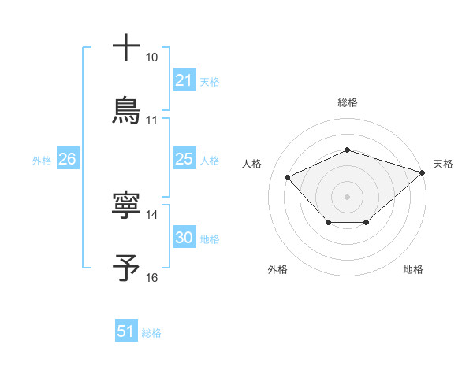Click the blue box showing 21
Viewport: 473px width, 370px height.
[x=184, y=80]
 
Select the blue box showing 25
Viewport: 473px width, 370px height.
[x=184, y=159]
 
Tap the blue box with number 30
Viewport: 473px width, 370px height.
[x=184, y=238]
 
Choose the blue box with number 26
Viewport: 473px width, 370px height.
[x=67, y=159]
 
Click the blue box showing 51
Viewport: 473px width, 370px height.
[x=126, y=331]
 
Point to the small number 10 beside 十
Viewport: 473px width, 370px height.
[x=151, y=58]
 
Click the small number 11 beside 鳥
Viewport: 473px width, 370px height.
[x=151, y=120]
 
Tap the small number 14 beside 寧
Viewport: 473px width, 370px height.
[x=151, y=215]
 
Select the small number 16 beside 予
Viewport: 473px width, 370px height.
[x=151, y=277]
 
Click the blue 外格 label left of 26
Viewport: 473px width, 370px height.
[x=42, y=160]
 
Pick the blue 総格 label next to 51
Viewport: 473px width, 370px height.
[x=151, y=332]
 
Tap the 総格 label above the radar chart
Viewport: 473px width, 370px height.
[x=347, y=102]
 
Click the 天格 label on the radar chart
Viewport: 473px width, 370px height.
[x=443, y=164]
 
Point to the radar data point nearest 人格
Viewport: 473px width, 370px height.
[x=288, y=177]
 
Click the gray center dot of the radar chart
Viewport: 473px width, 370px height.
[x=347, y=196]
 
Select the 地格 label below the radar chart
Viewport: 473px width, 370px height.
[x=413, y=269]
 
